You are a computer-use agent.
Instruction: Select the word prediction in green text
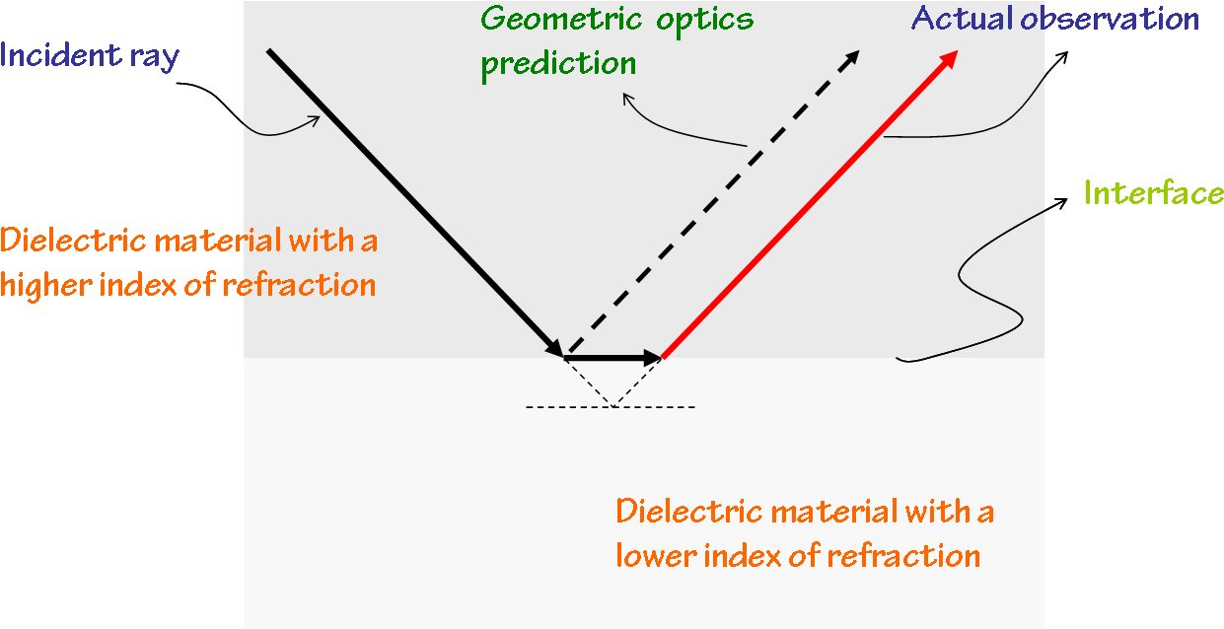558,64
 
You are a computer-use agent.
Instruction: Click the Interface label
1153,192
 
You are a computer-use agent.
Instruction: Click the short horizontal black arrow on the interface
612,357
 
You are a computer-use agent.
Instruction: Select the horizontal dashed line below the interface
611,407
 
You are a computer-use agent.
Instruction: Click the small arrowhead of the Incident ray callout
315,120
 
